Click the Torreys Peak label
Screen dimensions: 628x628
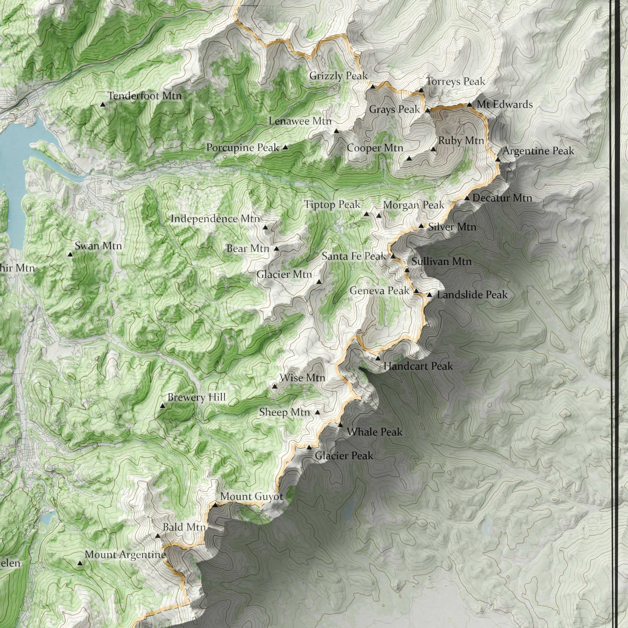(x=455, y=81)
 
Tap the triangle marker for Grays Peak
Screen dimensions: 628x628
(x=428, y=110)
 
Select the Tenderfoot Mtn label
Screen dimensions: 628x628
(x=145, y=96)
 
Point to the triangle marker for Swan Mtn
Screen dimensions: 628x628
(x=70, y=255)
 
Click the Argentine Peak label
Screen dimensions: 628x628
(x=538, y=151)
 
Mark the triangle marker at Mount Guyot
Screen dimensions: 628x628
(x=215, y=505)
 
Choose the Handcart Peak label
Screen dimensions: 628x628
(x=418, y=366)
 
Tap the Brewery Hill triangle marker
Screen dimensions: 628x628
(x=163, y=406)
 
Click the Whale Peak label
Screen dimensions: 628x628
(x=374, y=432)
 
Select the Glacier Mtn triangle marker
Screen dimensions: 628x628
(x=319, y=282)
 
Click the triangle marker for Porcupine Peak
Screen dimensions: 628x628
(x=285, y=147)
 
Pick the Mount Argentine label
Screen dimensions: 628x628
(x=125, y=554)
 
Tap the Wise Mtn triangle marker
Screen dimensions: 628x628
(x=275, y=386)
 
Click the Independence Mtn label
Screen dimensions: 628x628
(x=215, y=219)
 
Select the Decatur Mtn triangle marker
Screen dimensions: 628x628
(x=466, y=198)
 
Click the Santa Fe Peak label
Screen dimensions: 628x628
(x=354, y=256)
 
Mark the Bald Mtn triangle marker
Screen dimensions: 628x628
(x=158, y=536)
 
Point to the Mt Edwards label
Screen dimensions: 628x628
(x=504, y=105)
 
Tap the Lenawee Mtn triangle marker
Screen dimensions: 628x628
(x=336, y=131)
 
